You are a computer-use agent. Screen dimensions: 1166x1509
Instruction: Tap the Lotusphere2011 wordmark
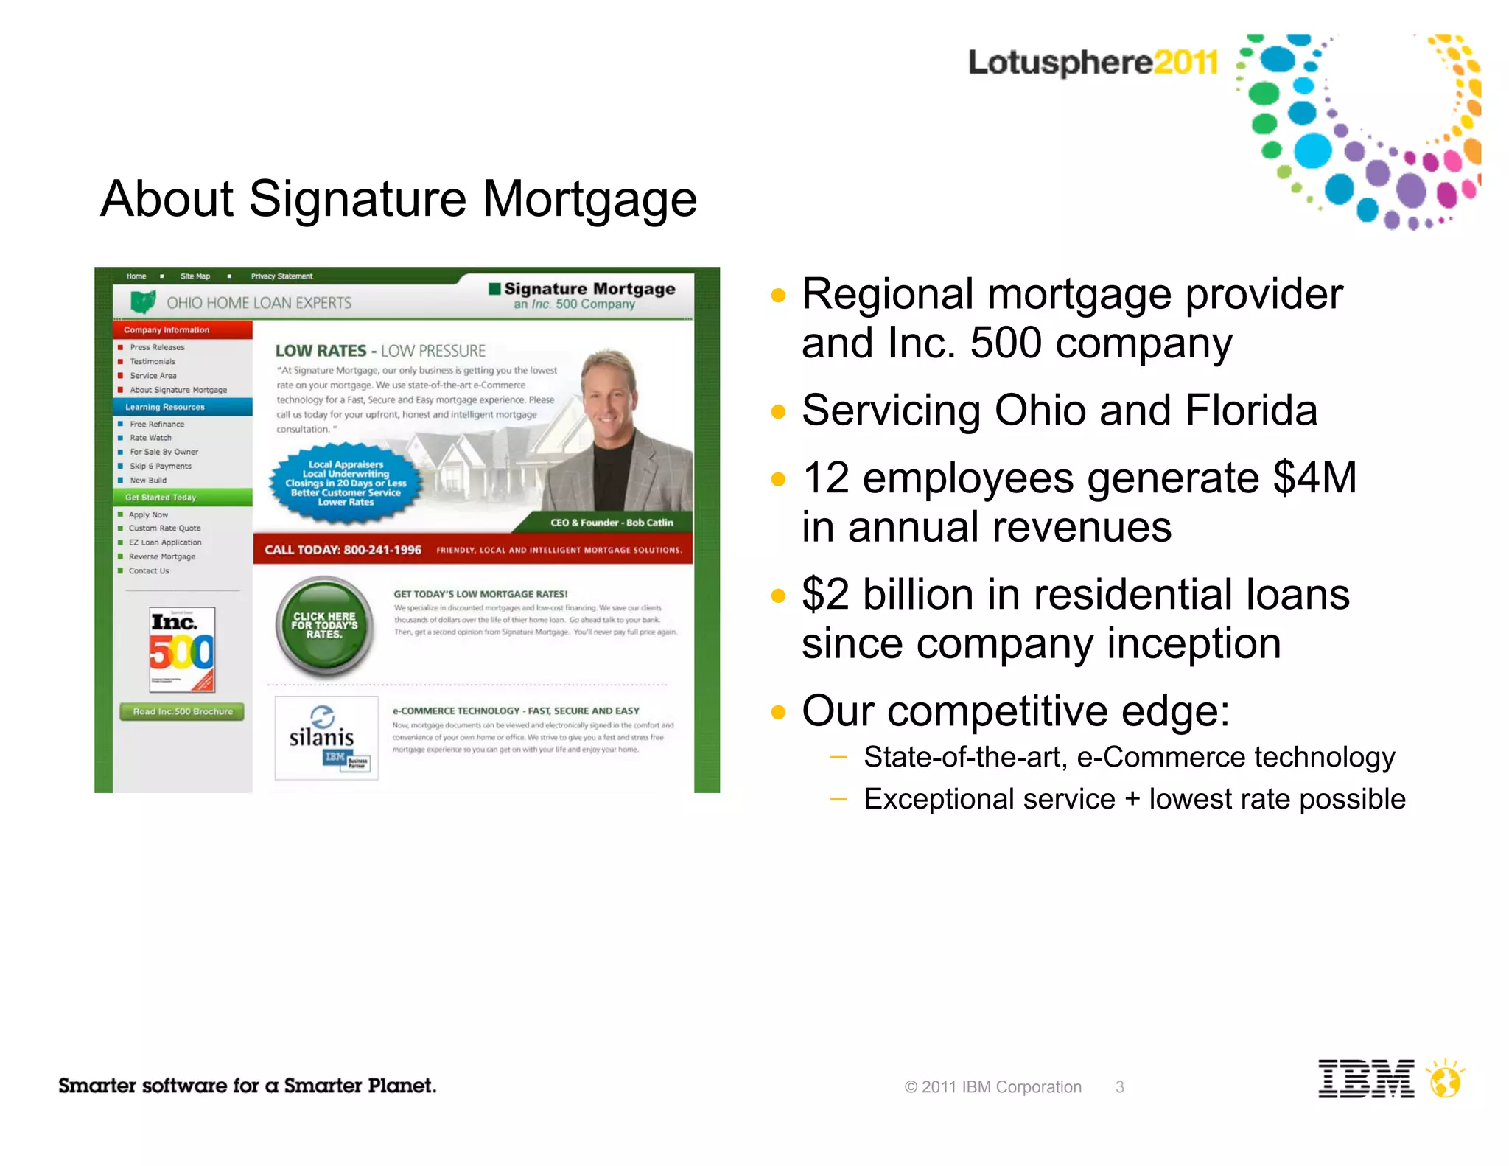(x=1093, y=63)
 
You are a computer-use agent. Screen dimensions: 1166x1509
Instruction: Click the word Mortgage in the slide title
(x=589, y=199)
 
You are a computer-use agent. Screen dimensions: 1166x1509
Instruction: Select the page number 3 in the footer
(x=1119, y=1087)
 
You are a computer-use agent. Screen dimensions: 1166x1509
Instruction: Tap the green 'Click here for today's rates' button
(x=324, y=626)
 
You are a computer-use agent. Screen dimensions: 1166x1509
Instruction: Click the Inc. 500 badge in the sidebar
(x=182, y=649)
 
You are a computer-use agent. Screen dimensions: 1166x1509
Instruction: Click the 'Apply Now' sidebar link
(x=148, y=514)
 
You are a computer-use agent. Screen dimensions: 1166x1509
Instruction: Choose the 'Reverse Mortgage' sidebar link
(x=162, y=556)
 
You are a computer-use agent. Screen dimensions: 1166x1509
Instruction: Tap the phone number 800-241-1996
(x=382, y=550)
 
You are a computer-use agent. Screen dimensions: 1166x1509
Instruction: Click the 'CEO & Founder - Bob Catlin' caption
(x=612, y=523)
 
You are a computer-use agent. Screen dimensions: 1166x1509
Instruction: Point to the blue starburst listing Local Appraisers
(x=346, y=483)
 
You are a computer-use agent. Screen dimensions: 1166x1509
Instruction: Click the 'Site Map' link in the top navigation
(x=195, y=276)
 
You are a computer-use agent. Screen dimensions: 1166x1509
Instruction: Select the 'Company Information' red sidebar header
(x=167, y=330)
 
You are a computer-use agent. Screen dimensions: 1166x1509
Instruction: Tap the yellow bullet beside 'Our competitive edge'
(x=778, y=712)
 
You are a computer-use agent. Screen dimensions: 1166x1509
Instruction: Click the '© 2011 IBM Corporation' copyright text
(x=992, y=1087)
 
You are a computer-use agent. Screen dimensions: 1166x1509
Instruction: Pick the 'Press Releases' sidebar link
(x=157, y=347)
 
